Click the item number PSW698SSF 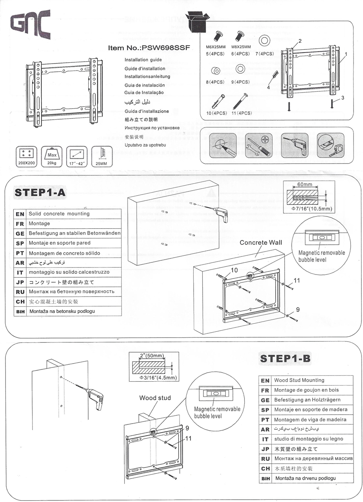click(149, 48)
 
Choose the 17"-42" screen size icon click(77, 156)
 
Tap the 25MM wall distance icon click(101, 156)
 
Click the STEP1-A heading click(40, 193)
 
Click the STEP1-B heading click(285, 358)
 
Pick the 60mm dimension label click(304, 184)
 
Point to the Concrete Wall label click(261, 242)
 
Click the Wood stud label click(155, 398)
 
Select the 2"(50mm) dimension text click(152, 356)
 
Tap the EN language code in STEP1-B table click(265, 380)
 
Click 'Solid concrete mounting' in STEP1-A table click(59, 214)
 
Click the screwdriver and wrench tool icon click(258, 146)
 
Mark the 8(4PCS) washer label click(215, 82)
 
